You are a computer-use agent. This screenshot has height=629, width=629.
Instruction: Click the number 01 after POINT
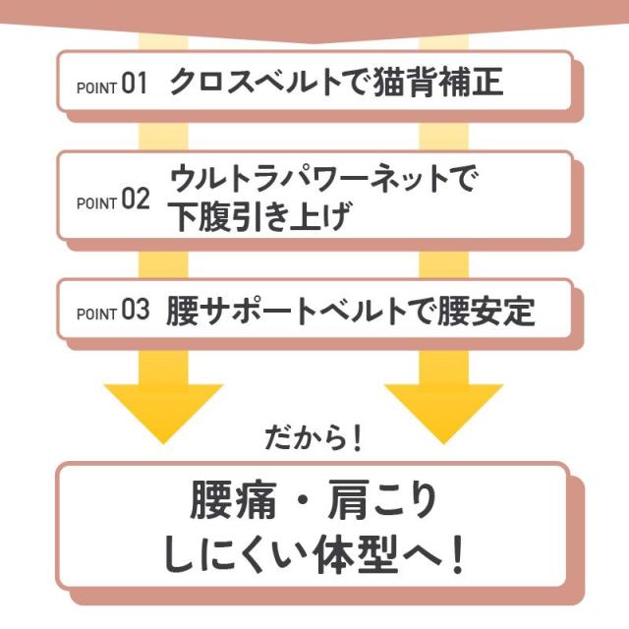[134, 84]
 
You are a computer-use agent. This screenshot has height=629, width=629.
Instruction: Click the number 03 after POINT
[135, 312]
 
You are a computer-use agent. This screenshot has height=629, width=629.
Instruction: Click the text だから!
[314, 435]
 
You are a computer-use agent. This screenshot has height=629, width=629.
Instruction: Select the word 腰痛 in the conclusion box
[227, 502]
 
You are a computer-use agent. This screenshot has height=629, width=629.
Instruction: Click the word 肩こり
[383, 502]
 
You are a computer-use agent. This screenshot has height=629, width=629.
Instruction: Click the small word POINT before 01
[96, 86]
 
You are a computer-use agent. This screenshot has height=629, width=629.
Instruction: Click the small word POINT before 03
[96, 314]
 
